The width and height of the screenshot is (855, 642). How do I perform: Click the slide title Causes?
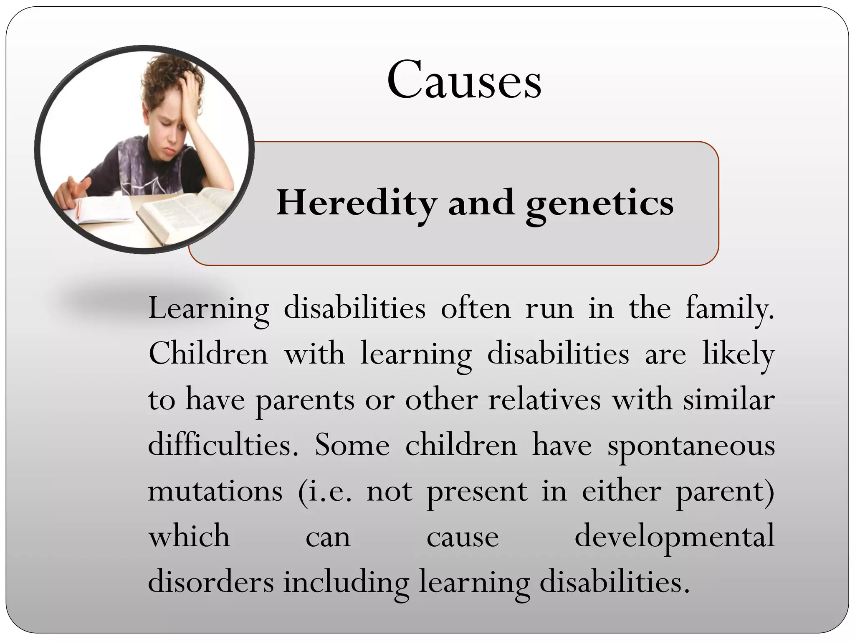[x=464, y=80]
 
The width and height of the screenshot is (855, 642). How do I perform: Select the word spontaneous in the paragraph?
[x=691, y=446]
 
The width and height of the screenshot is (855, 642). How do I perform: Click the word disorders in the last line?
[x=211, y=582]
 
